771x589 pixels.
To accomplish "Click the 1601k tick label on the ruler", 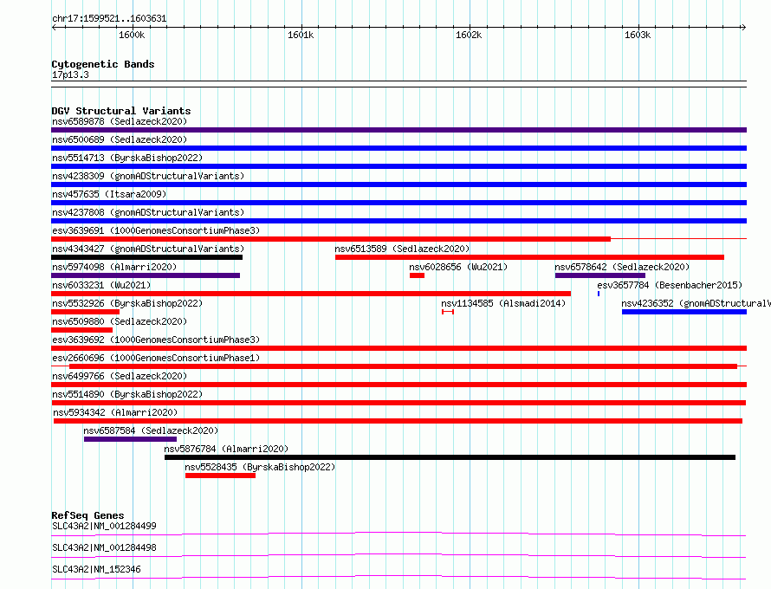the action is pos(301,35).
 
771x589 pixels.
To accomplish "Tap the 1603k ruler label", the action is pos(638,35).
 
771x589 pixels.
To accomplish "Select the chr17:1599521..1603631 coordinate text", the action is pos(109,19).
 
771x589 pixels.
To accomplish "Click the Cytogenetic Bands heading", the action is pos(103,64).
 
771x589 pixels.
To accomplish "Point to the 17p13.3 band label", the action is pos(70,74).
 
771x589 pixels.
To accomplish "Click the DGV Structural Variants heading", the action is pos(121,111).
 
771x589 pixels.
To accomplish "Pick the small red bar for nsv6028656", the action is pos(417,275).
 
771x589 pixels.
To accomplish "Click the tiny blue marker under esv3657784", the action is pos(599,294).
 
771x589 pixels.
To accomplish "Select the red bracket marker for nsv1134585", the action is pos(448,312).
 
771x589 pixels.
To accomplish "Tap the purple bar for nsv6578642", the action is pos(599,275).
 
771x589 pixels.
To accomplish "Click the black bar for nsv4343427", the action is pos(146,257).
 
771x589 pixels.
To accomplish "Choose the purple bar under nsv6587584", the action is pos(130,439).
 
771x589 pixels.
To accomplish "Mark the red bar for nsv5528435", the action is pos(220,476).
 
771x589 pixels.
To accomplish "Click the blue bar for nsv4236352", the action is pos(684,312).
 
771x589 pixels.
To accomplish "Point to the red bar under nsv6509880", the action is pos(81,330).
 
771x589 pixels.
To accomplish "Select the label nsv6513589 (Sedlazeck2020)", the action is pos(402,249).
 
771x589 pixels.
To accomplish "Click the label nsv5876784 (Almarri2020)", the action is pos(226,449).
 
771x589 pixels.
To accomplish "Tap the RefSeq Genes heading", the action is pos(87,515).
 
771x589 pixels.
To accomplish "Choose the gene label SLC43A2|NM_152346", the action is pos(96,569).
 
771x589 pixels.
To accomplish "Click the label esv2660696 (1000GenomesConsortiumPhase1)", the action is pos(156,358).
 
